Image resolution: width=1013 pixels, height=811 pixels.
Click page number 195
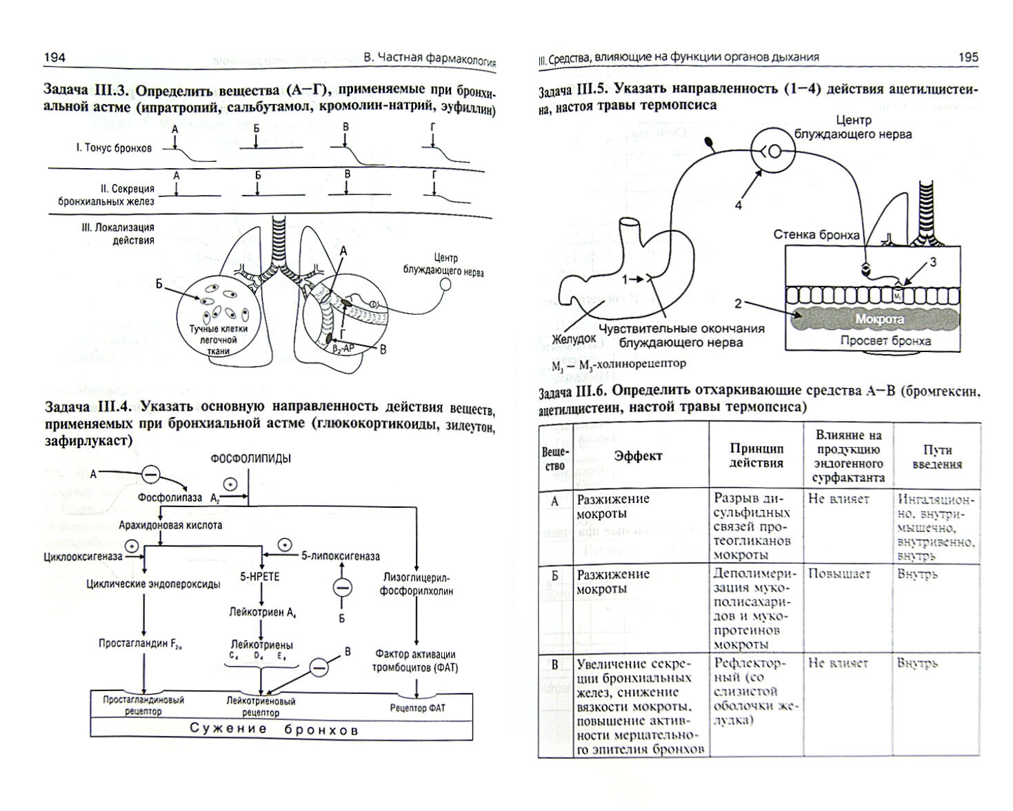coord(968,57)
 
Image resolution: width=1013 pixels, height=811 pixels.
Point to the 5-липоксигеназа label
coord(341,555)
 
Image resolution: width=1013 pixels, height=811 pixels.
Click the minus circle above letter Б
coord(342,588)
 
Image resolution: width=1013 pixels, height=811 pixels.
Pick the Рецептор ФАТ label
coord(417,707)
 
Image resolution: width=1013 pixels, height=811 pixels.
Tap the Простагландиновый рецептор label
coord(143,705)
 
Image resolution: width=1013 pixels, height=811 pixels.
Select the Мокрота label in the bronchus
coord(879,320)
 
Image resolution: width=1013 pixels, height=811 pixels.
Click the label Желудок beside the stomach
coord(573,339)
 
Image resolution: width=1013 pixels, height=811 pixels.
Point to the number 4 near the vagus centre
coord(739,205)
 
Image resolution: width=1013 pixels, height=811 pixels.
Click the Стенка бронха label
coord(816,235)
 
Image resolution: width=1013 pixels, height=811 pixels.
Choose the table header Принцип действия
coord(756,456)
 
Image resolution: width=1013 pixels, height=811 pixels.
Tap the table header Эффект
coord(639,456)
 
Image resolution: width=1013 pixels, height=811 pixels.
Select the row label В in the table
coord(555,664)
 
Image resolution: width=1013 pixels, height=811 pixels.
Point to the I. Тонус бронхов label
coord(114,148)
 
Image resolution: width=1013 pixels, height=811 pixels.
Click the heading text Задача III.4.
coord(88,406)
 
